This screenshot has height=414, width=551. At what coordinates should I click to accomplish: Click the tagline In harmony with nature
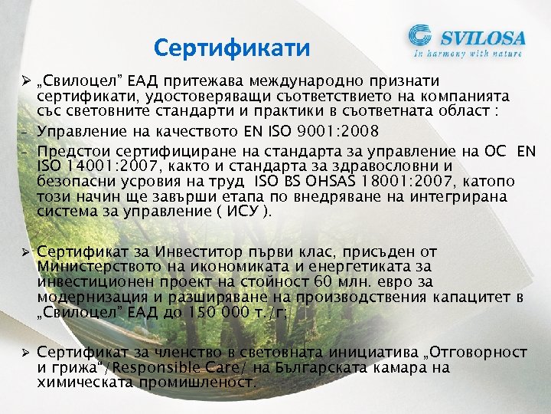click(468, 54)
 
